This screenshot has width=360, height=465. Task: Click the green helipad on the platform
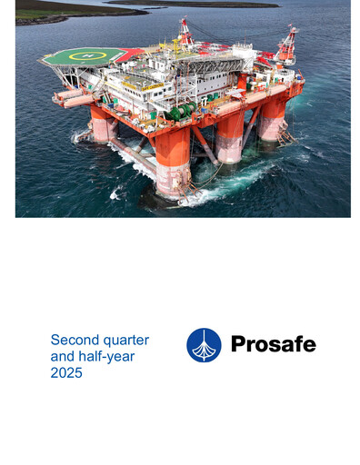coord(83,56)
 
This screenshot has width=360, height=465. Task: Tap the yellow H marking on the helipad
coord(87,55)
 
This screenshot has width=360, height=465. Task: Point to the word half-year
coord(107,357)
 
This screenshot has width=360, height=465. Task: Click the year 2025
coord(66,373)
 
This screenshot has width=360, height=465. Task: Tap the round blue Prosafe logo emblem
coord(204,345)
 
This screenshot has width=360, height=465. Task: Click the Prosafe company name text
coord(273,344)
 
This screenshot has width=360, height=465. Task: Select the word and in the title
coord(63,357)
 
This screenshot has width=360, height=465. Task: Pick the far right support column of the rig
coord(273,118)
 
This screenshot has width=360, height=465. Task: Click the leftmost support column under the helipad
coord(103,122)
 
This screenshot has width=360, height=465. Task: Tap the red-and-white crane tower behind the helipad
coord(185,32)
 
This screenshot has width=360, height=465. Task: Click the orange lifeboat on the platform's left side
coord(67,95)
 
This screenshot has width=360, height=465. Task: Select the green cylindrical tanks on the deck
coord(183,111)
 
